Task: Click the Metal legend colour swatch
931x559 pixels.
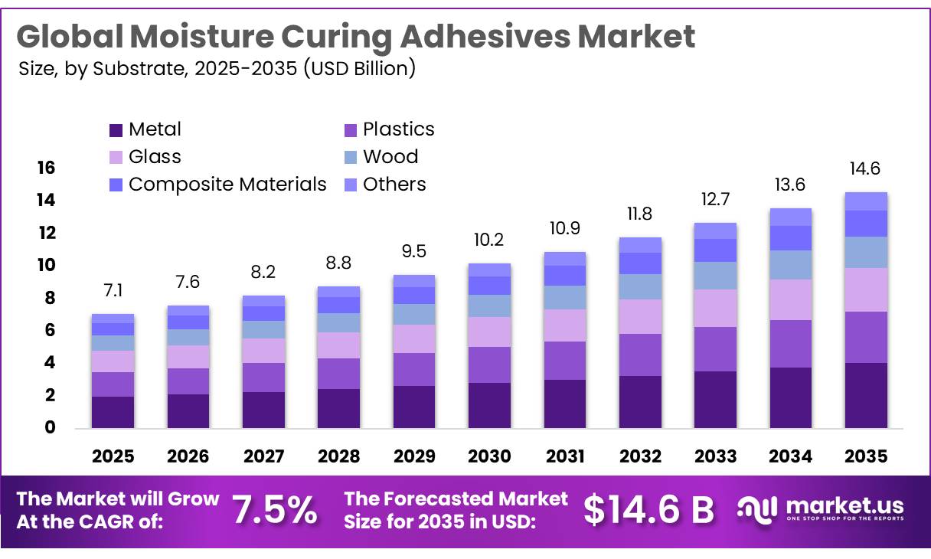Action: click(116, 130)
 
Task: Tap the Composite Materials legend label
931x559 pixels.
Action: click(227, 185)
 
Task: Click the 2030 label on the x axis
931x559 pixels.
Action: click(489, 456)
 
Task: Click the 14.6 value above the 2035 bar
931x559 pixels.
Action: click(866, 168)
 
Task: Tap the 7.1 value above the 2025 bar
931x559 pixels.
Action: click(113, 290)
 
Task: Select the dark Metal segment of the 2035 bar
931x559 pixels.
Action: click(866, 395)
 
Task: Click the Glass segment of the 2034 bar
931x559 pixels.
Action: click(791, 299)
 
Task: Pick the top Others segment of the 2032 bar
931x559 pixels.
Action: click(640, 245)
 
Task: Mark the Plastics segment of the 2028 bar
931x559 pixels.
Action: click(338, 374)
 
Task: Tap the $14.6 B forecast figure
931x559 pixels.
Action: click(648, 510)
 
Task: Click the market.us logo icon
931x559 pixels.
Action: click(758, 508)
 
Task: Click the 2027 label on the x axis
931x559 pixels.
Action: click(263, 456)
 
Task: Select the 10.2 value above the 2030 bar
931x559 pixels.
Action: click(489, 240)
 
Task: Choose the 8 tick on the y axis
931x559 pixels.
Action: click(49, 298)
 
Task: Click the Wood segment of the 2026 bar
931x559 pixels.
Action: click(188, 337)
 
